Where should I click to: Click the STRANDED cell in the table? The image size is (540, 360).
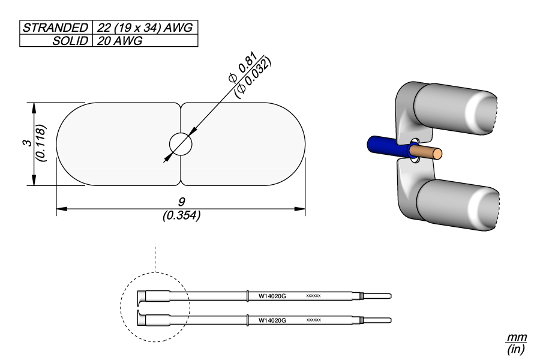[x=55, y=28]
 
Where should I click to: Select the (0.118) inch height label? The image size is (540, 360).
[x=40, y=143]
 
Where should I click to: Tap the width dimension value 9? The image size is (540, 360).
[x=181, y=203]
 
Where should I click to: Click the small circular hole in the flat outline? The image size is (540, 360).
[x=181, y=144]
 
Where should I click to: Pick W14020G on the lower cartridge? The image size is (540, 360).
[x=272, y=321]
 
